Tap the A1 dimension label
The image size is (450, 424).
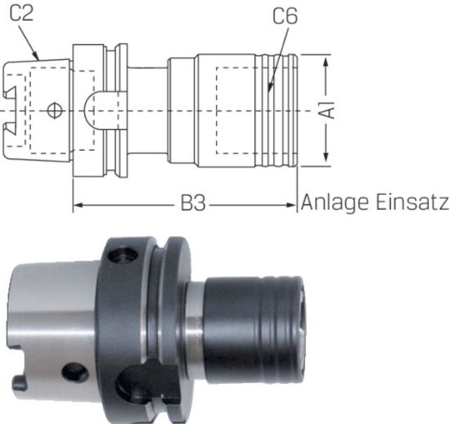click(x=327, y=109)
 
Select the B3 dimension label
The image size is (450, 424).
click(x=192, y=203)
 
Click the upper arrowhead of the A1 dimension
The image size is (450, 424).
click(x=327, y=62)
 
